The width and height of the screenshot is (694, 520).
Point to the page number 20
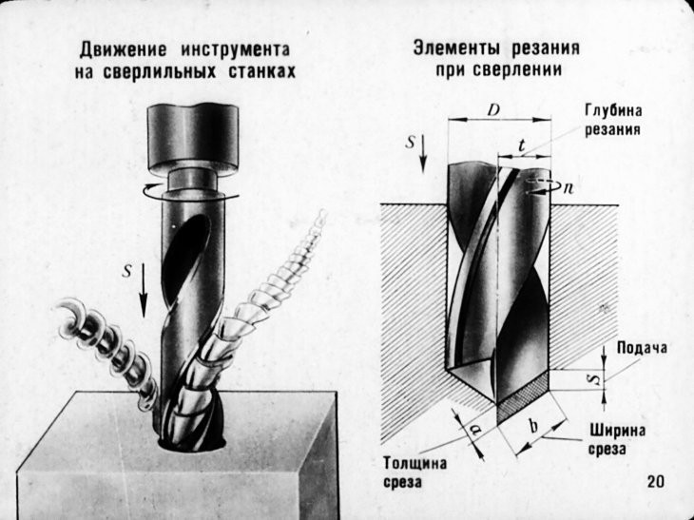(655, 481)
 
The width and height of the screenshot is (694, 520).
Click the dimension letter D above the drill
(493, 111)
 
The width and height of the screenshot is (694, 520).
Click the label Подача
(642, 347)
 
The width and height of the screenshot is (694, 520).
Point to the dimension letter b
(532, 425)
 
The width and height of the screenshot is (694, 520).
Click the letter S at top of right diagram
(409, 144)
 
